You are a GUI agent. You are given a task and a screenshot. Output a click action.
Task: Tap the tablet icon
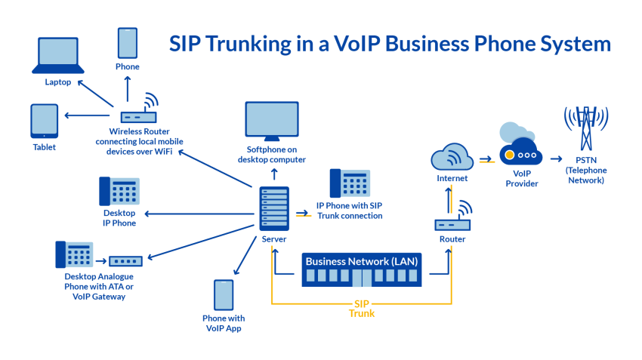pyautogui.click(x=44, y=121)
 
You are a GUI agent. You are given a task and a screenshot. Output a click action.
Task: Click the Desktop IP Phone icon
pyautogui.click(x=119, y=192)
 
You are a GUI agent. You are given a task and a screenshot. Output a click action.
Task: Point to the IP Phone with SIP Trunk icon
pyautogui.click(x=350, y=185)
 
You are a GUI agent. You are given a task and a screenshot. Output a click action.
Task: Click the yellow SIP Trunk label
pyautogui.click(x=361, y=308)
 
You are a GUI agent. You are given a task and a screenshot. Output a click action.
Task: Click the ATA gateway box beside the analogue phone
pyautogui.click(x=125, y=261)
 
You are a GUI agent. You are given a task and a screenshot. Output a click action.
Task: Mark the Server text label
pyautogui.click(x=273, y=239)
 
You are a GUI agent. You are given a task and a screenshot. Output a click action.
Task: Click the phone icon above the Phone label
pyautogui.click(x=128, y=43)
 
